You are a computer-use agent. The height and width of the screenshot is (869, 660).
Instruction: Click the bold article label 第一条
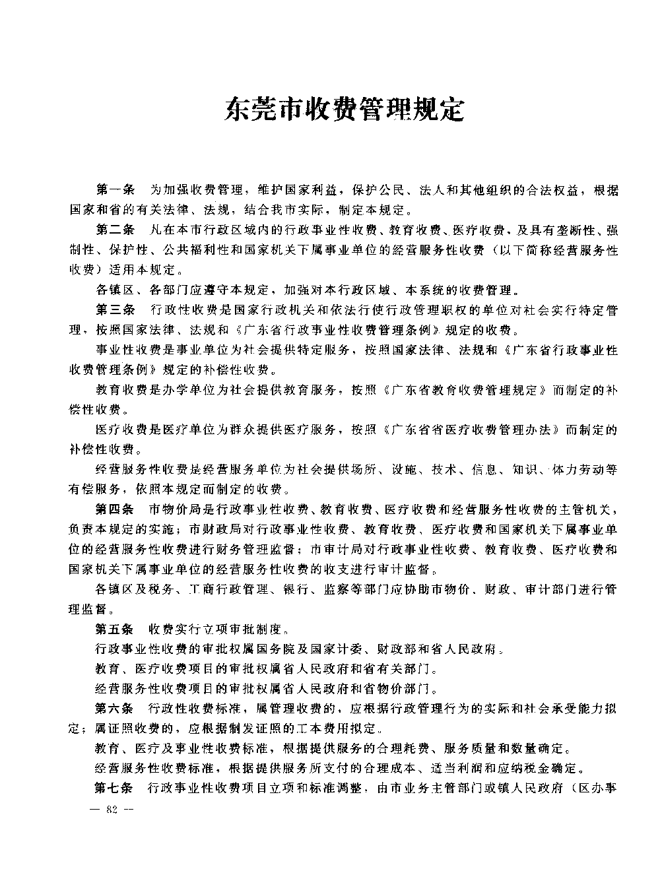115,191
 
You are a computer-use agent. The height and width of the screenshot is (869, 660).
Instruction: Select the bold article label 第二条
115,230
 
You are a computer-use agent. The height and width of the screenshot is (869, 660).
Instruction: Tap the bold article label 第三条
115,309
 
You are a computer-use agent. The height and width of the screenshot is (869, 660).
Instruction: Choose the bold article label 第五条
115,628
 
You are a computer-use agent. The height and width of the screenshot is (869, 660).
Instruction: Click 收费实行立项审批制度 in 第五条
218,628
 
